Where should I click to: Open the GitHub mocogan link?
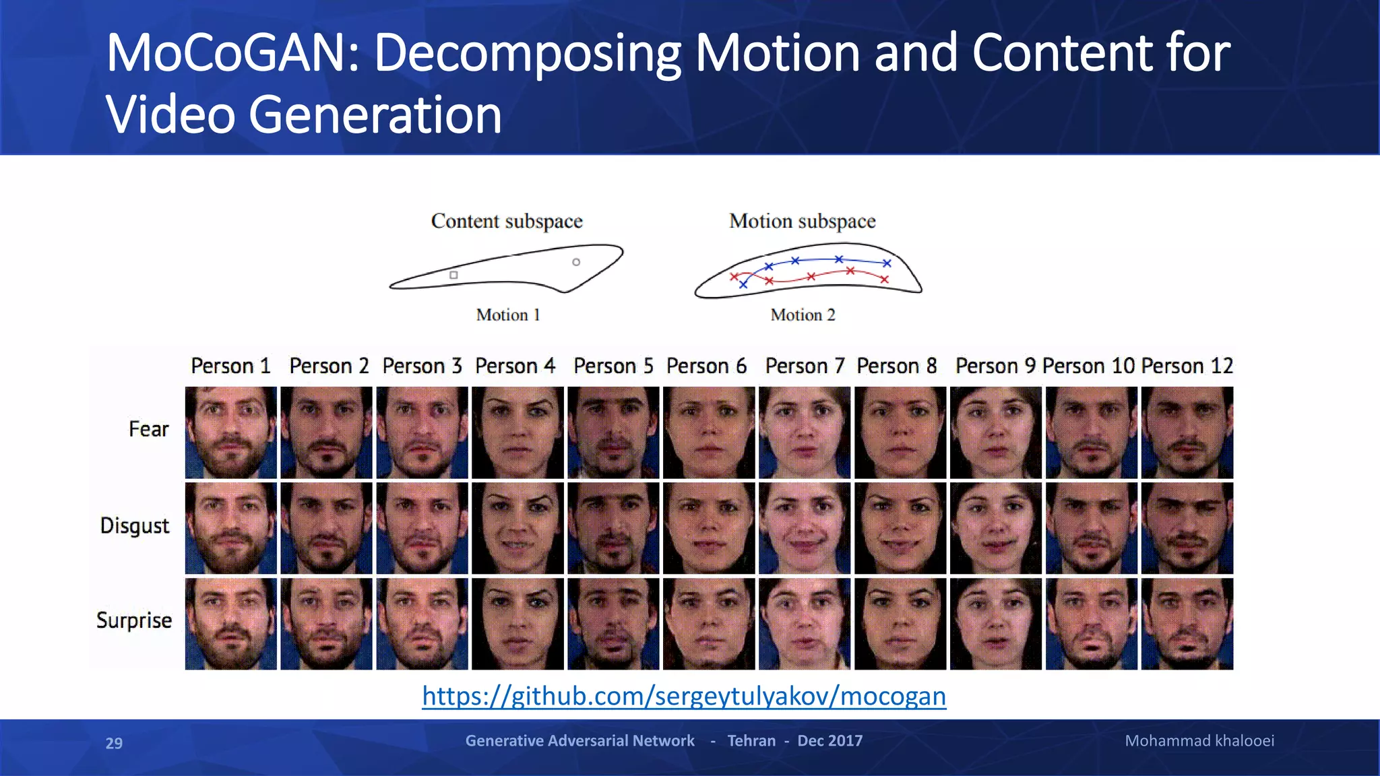(684, 696)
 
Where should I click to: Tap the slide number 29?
(114, 743)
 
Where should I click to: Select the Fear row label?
(148, 429)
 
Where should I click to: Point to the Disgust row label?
(134, 525)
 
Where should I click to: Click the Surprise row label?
(133, 620)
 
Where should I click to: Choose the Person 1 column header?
(230, 366)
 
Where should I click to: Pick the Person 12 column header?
(1187, 366)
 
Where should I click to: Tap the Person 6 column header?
(706, 366)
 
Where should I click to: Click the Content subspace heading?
(507, 222)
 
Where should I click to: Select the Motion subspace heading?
(802, 222)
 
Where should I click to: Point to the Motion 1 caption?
(508, 315)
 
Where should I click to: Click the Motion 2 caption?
(803, 315)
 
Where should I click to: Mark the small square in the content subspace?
(453, 275)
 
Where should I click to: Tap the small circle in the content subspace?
(576, 262)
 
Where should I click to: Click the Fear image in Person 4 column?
(517, 432)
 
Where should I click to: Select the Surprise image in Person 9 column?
(995, 624)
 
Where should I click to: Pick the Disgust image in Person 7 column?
(805, 528)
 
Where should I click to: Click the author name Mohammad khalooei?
(1199, 741)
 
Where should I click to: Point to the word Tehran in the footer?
(751, 741)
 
